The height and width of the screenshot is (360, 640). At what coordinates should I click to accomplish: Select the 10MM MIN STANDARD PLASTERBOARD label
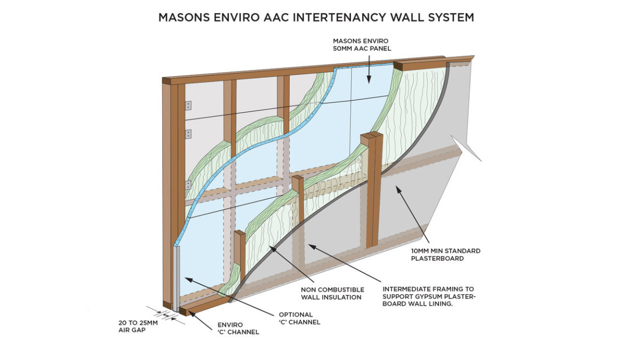[445, 254]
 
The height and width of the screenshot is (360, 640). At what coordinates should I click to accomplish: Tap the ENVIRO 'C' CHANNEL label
[238, 328]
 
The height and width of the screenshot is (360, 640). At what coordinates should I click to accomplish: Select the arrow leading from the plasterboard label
[410, 213]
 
